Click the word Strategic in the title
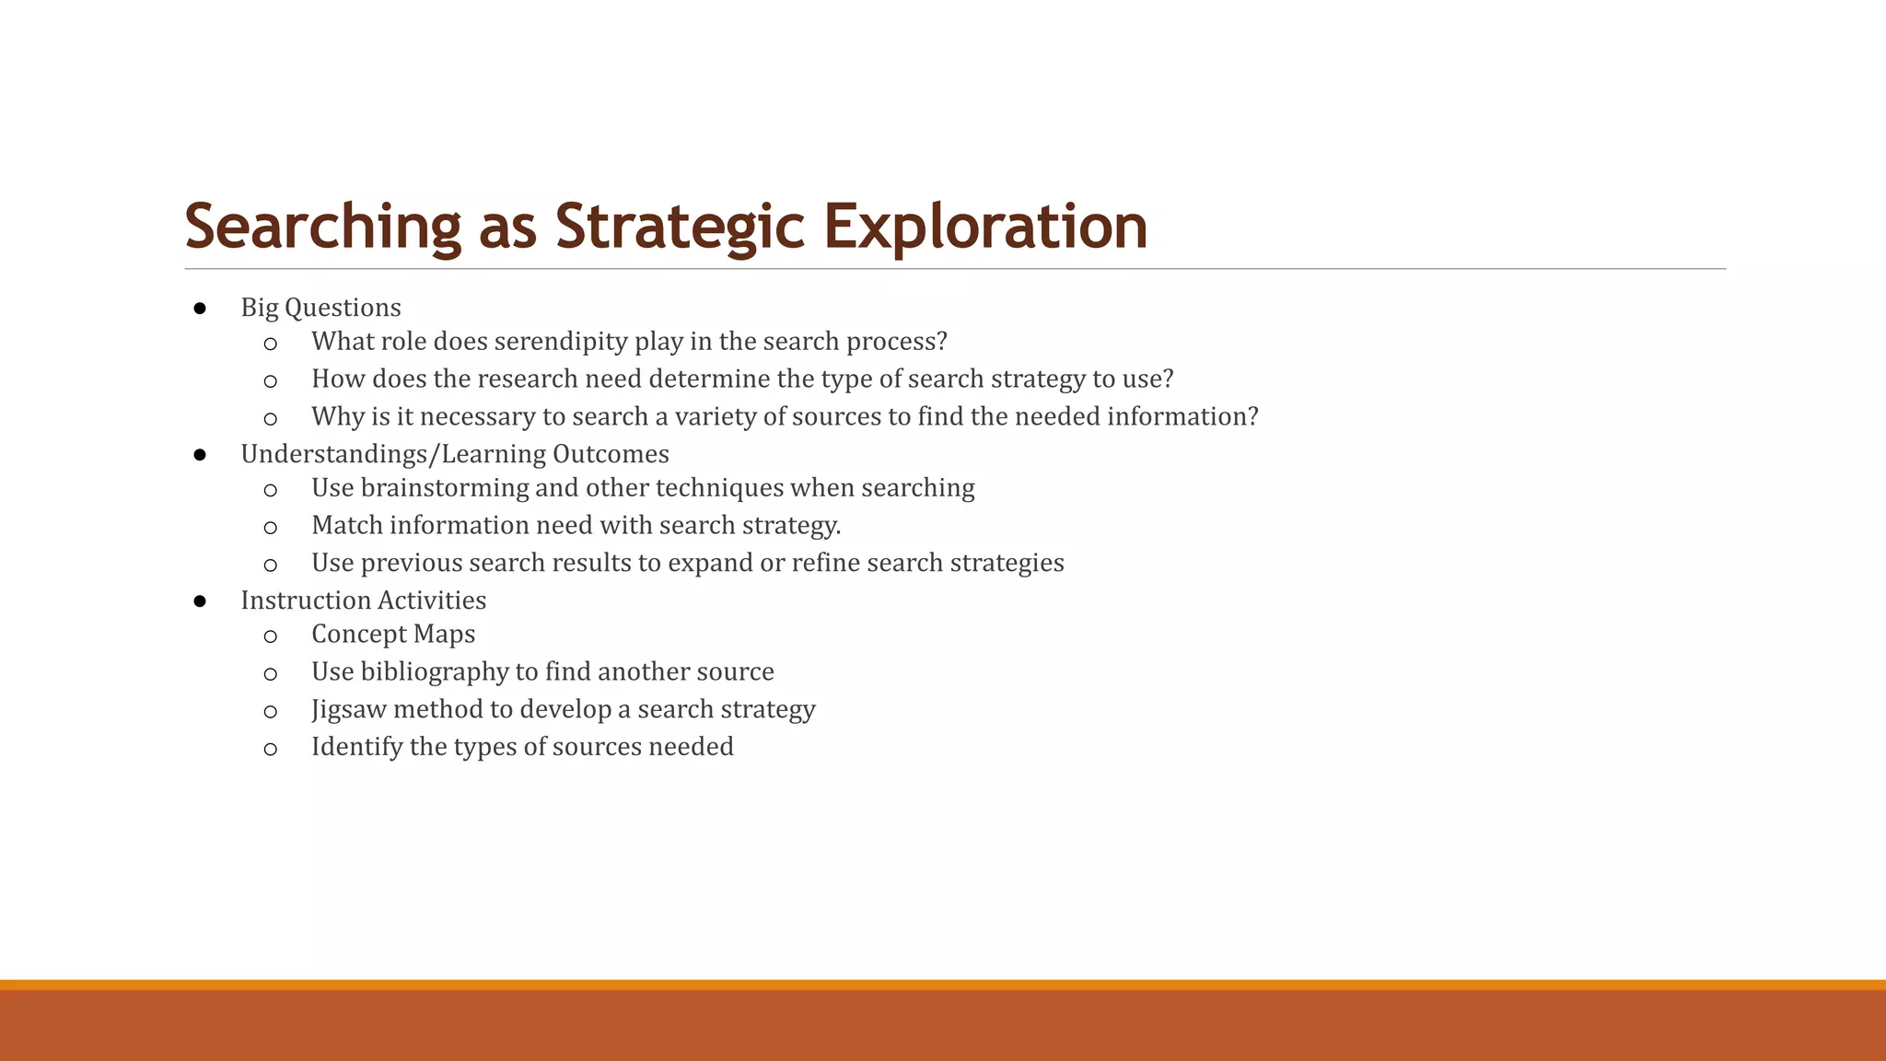point(680,227)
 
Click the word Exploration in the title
point(985,227)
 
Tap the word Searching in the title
point(322,227)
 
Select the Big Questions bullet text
point(320,308)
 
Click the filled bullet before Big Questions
point(200,308)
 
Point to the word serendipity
point(561,342)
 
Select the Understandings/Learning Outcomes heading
point(455,454)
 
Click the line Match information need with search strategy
point(576,526)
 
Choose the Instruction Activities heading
point(363,600)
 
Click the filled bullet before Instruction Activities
point(200,601)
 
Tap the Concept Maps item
point(393,635)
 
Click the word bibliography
point(434,672)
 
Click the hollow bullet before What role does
point(270,344)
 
